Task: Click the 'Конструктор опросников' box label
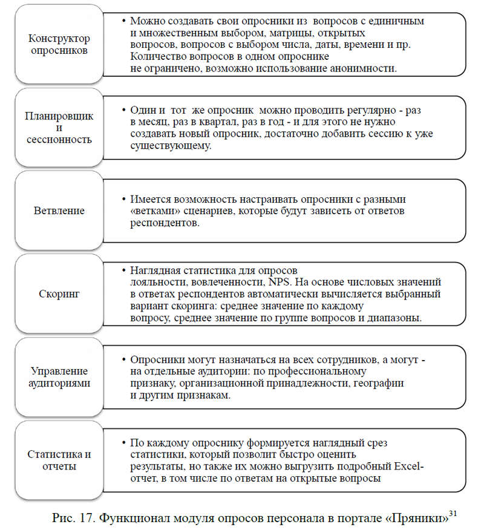click(59, 44)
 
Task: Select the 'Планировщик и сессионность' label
click(59, 128)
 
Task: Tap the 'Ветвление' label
click(59, 211)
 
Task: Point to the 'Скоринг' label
click(59, 294)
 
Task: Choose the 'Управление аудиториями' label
click(59, 377)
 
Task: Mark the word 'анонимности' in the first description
click(362, 68)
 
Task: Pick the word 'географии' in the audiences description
click(376, 384)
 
